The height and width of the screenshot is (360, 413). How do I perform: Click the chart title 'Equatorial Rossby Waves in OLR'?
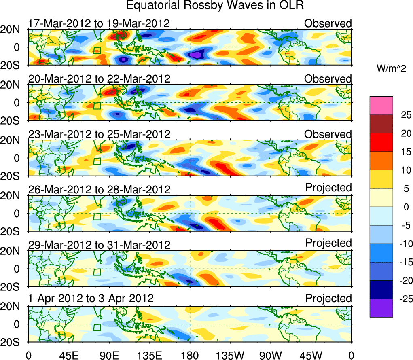coord(215,6)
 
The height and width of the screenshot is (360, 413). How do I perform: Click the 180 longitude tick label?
coord(190,355)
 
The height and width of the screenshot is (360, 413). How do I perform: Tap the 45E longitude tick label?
coord(69,355)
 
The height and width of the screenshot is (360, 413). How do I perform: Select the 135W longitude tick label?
coord(231,355)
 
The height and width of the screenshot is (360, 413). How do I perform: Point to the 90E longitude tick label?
coord(109,355)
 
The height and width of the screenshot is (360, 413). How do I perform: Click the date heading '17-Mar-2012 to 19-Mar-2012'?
coord(99,23)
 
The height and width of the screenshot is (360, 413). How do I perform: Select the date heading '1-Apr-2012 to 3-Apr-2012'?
coord(91,299)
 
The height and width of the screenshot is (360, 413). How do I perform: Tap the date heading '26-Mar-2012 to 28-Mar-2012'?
coord(99,189)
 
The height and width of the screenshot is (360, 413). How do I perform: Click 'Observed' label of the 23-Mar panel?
coord(328,134)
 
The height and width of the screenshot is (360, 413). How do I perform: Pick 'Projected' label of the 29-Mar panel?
coord(328,243)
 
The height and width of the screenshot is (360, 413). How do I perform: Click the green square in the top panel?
coord(97,51)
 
